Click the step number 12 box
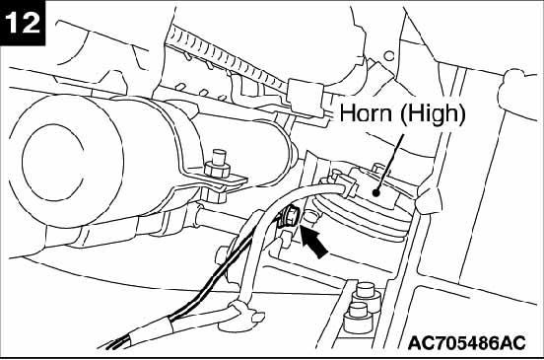tap(25, 24)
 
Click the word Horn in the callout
tap(366, 114)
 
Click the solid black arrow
tap(318, 240)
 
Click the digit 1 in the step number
tap(16, 24)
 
